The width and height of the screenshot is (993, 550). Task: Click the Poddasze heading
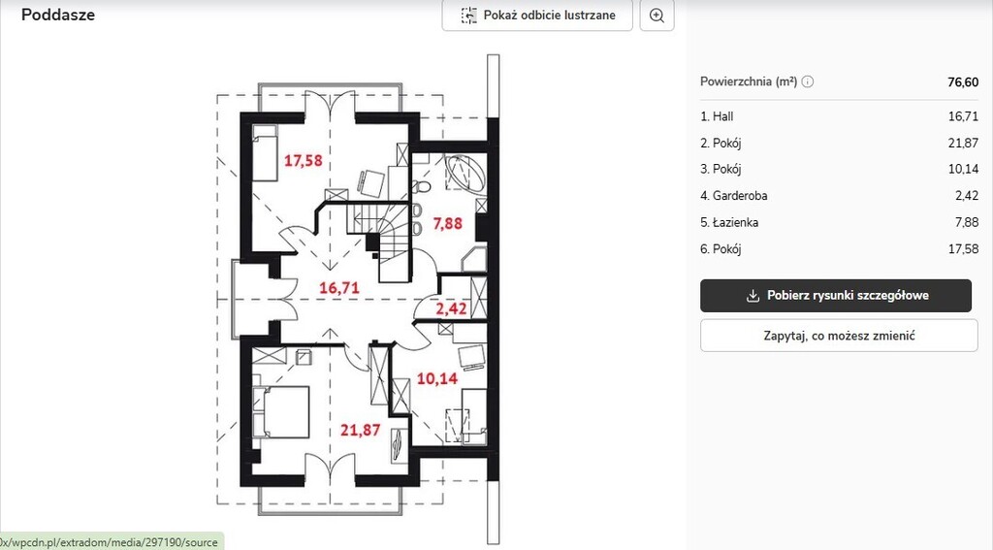(x=58, y=15)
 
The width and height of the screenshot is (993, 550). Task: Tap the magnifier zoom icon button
(x=657, y=16)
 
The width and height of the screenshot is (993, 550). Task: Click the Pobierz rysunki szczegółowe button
(x=835, y=295)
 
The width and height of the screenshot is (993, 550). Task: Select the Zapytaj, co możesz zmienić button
(x=839, y=336)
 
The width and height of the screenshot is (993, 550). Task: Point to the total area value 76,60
(x=963, y=81)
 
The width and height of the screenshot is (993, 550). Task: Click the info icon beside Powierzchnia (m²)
(x=808, y=81)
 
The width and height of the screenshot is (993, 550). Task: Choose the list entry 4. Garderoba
(x=733, y=196)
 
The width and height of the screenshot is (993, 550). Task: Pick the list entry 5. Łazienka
(x=729, y=222)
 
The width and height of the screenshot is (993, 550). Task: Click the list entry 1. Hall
(x=717, y=116)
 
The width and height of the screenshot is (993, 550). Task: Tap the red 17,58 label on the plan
(x=303, y=160)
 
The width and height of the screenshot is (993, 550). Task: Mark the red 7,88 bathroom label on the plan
(x=447, y=223)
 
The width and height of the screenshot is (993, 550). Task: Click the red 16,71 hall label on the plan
(x=338, y=288)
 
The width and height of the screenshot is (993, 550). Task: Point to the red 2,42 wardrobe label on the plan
(x=451, y=308)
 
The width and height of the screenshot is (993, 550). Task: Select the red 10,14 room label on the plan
(x=437, y=378)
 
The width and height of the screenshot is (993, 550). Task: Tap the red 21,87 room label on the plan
(x=361, y=431)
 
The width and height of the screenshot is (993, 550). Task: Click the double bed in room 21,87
(x=281, y=412)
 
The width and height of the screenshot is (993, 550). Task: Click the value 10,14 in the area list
(x=963, y=169)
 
